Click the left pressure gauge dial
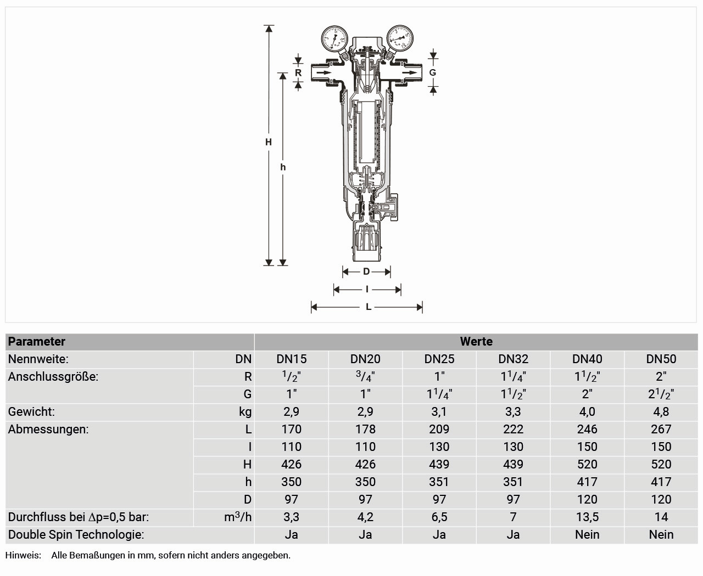point(334,38)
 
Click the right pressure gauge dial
point(400,38)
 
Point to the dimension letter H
point(269,142)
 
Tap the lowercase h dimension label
point(283,167)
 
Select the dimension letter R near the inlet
point(298,72)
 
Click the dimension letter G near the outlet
point(432,72)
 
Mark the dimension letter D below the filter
point(366,272)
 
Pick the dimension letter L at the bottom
point(369,307)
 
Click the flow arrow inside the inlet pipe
point(323,72)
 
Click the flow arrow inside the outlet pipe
point(410,72)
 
